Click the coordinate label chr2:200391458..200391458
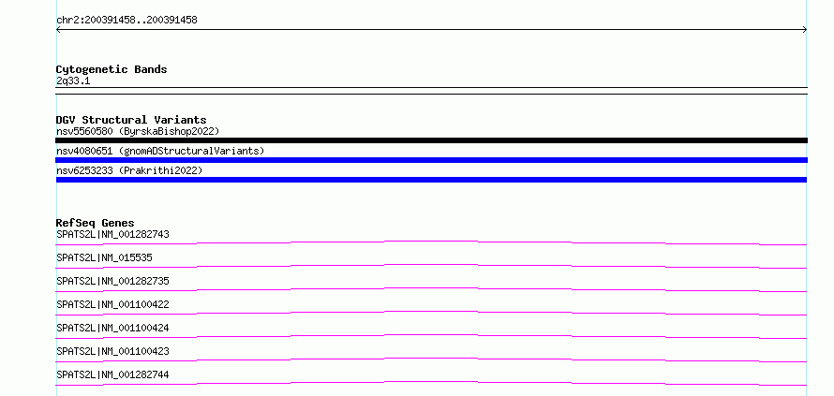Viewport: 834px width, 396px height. tap(127, 21)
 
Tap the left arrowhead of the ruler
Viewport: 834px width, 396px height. tap(58, 30)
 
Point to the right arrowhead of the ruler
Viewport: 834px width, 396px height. tap(805, 30)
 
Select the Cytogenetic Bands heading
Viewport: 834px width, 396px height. tap(112, 69)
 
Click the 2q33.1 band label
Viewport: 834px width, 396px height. tap(73, 81)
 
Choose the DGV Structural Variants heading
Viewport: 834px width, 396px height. tap(131, 120)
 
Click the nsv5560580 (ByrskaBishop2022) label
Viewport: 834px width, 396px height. tap(138, 131)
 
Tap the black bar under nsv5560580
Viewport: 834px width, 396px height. tap(431, 140)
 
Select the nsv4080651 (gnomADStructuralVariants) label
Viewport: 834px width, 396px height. tap(160, 151)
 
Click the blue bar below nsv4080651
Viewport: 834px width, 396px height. tap(431, 160)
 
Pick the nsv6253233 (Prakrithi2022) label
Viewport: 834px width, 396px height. tap(129, 170)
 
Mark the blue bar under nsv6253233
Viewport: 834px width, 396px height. tap(431, 180)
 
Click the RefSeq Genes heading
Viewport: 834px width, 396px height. tap(96, 223)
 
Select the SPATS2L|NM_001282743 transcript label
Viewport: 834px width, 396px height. tap(112, 234)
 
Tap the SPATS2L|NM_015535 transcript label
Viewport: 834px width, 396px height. tap(104, 257)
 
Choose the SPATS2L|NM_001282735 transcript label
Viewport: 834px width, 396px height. tap(112, 281)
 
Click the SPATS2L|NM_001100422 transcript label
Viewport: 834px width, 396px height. tap(112, 304)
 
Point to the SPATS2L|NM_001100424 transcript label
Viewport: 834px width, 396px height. tap(112, 328)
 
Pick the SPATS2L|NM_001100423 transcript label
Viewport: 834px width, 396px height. tap(112, 351)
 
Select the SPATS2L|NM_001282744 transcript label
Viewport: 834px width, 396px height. tap(112, 374)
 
